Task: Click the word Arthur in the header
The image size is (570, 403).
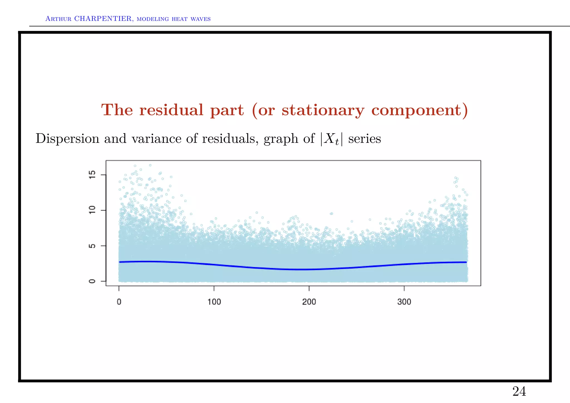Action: point(58,19)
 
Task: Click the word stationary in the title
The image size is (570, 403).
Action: point(323,110)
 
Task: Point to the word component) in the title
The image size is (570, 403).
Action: point(419,110)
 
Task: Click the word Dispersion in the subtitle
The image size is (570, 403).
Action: point(67,139)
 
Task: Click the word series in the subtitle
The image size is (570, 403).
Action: point(365,138)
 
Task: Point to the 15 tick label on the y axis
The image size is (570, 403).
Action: point(92,175)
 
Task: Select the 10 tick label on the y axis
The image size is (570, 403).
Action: point(92,210)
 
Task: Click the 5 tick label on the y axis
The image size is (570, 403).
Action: point(92,246)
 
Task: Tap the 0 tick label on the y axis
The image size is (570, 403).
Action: point(92,281)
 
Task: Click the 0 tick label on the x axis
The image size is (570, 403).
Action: point(119,302)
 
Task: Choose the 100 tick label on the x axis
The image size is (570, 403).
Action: point(214,302)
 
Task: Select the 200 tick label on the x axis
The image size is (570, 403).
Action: point(309,302)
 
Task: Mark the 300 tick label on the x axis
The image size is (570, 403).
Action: point(404,302)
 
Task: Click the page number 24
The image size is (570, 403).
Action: point(519,392)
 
